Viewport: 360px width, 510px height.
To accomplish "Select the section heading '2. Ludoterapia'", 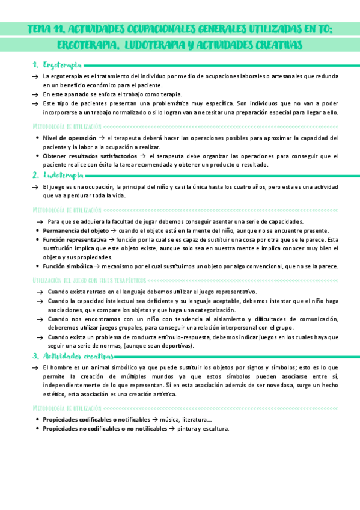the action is point(58,175).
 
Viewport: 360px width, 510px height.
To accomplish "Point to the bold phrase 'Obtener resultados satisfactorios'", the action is point(90,156).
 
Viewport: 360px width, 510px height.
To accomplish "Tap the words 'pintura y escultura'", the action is point(204,428).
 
